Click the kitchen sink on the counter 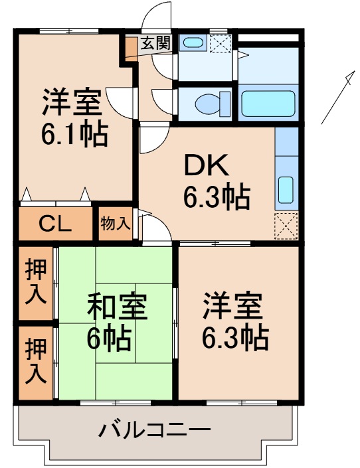click(286, 191)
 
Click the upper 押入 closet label click(36, 282)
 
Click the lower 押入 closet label click(36, 362)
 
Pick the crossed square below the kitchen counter click(286, 226)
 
